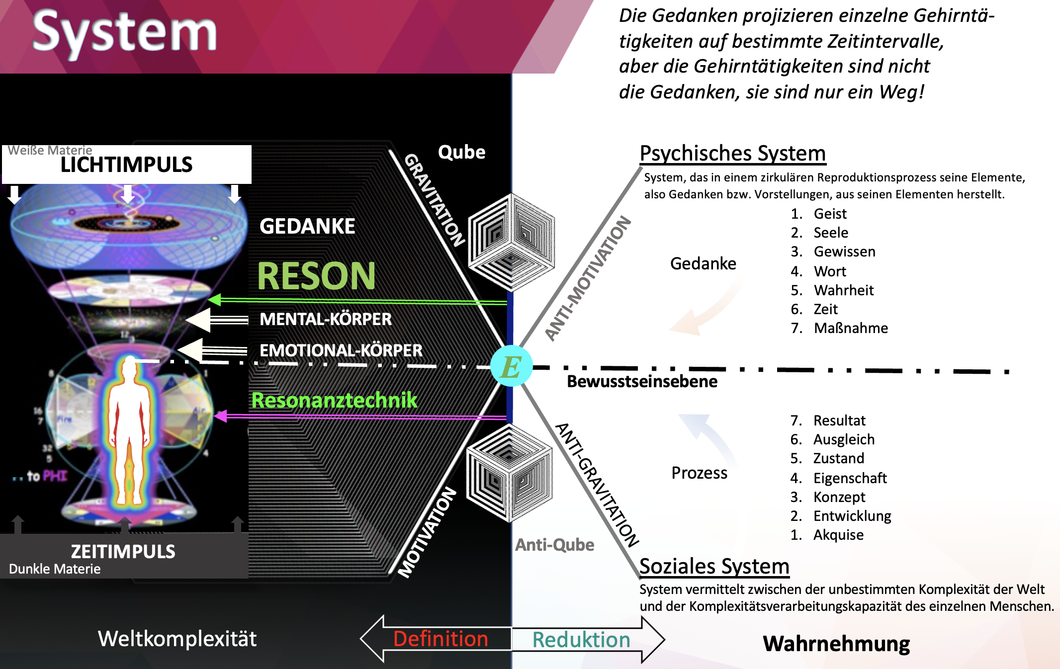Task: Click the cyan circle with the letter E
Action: pos(511,366)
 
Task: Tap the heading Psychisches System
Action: pos(732,154)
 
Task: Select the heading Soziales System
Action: pos(714,566)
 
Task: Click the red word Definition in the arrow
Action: pos(441,639)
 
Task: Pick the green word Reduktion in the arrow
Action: pos(581,640)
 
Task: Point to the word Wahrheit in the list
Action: pos(843,290)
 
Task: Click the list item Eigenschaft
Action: pos(850,478)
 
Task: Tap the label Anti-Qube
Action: pos(554,545)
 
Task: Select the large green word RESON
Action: pos(316,276)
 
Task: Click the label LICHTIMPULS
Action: pos(126,165)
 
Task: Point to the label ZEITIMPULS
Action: pos(123,552)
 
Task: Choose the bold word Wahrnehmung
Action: pos(836,644)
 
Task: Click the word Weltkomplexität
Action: pos(177,639)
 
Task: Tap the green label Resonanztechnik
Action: pos(334,400)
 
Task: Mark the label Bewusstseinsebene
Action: pos(642,382)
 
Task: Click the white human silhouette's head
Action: pos(130,368)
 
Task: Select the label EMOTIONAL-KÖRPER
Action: pos(341,350)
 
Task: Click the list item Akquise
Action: pos(838,535)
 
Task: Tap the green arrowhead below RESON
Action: pos(215,300)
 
